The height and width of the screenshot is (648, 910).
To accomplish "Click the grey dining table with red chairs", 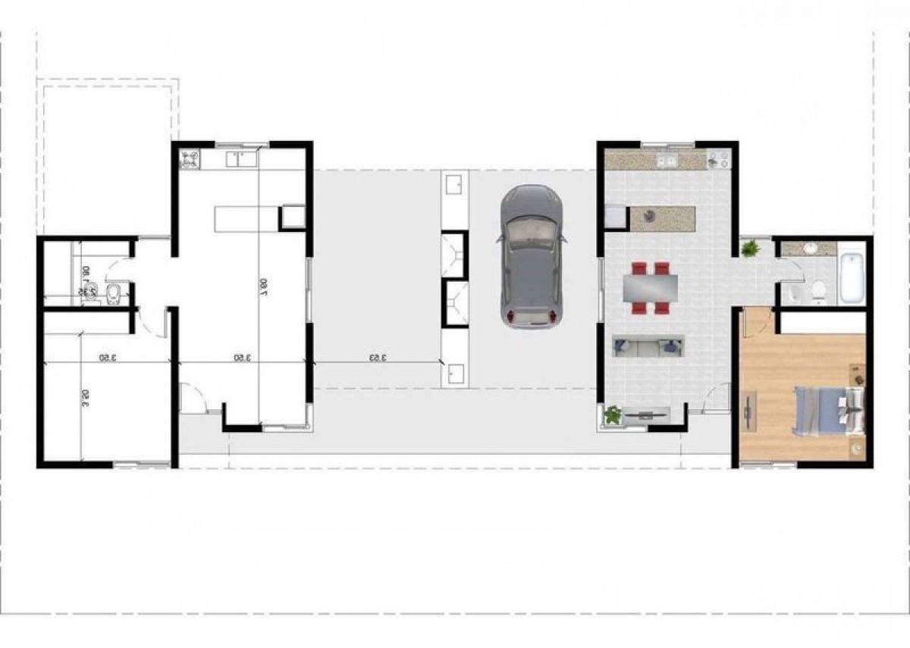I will click(x=651, y=288).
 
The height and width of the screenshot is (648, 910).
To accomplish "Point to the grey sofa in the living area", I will click(x=648, y=346).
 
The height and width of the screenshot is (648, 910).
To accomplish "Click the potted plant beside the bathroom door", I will click(x=751, y=249).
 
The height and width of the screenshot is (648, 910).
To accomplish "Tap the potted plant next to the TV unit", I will click(x=613, y=415).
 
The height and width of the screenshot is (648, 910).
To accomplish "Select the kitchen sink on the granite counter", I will click(x=667, y=161).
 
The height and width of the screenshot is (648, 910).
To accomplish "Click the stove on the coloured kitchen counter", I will click(x=717, y=160).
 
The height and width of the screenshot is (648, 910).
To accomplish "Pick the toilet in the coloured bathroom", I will click(x=817, y=290).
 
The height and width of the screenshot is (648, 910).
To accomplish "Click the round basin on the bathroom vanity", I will click(x=809, y=248).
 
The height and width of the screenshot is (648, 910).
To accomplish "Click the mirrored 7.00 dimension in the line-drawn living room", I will click(x=267, y=285).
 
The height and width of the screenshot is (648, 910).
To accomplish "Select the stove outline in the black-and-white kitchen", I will click(x=190, y=160).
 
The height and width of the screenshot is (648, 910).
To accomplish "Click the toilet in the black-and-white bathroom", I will click(x=113, y=293).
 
